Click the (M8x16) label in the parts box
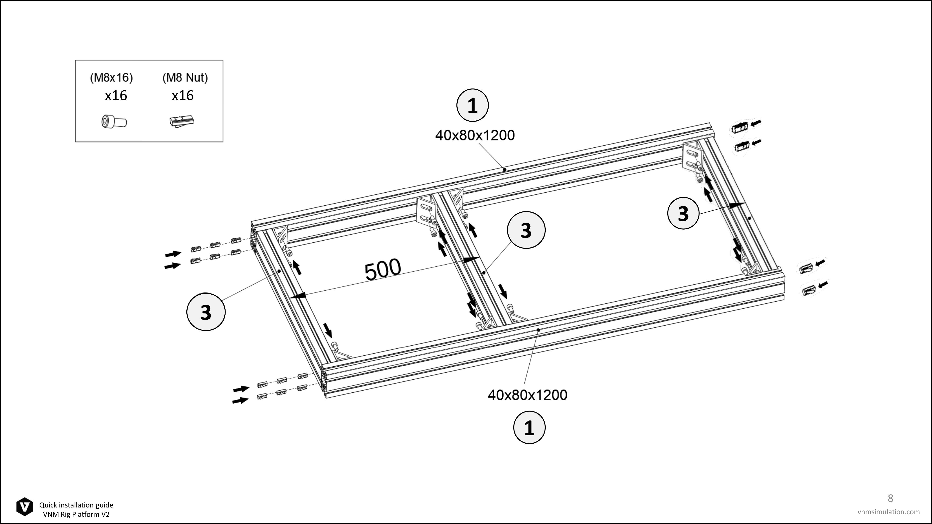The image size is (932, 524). click(x=111, y=77)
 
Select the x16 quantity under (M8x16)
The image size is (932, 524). click(x=116, y=95)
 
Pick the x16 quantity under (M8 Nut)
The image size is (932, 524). click(x=183, y=95)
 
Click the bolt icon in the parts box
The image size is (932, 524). click(x=114, y=122)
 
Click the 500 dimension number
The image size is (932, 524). click(x=383, y=269)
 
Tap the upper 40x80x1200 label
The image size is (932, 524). click(x=475, y=135)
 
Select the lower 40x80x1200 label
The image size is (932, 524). click(x=528, y=395)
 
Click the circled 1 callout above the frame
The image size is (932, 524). click(x=473, y=105)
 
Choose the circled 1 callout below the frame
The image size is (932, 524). click(x=529, y=427)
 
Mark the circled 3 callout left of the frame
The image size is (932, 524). click(x=206, y=312)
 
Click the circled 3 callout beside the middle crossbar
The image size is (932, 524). click(x=526, y=230)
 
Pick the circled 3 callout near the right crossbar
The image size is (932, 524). click(x=683, y=213)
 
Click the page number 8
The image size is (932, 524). click(x=890, y=498)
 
